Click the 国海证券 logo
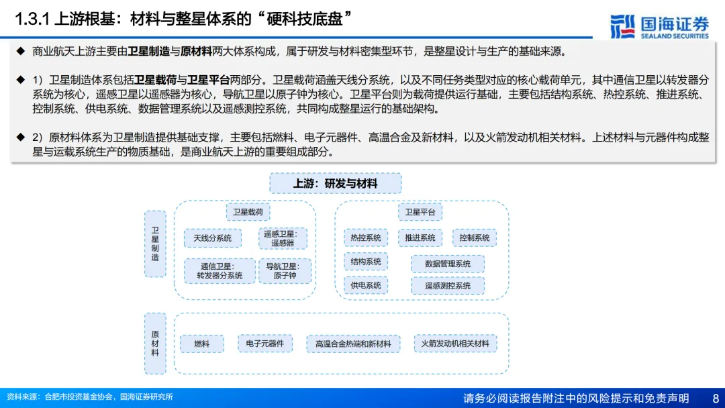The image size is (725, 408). coord(659,26)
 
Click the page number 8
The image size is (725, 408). coord(715,398)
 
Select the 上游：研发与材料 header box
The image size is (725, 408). coord(336,183)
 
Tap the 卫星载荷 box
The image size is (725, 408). coord(248,213)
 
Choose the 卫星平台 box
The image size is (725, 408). coord(420,213)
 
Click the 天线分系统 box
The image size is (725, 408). coord(213,238)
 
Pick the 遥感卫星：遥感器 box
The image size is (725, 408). coord(283,238)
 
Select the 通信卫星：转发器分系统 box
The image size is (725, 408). coord(220,270)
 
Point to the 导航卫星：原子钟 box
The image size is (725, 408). coord(284,270)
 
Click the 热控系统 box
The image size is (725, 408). coord(366,238)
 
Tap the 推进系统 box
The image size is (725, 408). coord(420,238)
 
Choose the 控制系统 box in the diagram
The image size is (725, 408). coord(475,238)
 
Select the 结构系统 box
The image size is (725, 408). coord(366,262)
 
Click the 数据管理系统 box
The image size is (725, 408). coord(448,264)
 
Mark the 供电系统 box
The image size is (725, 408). coord(366,285)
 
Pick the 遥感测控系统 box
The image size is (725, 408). coord(448,286)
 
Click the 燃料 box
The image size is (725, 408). coord(202,344)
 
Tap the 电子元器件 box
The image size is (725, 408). coord(265,344)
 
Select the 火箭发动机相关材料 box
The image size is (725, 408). coord(455,344)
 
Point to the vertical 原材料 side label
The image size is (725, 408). coord(155,343)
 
